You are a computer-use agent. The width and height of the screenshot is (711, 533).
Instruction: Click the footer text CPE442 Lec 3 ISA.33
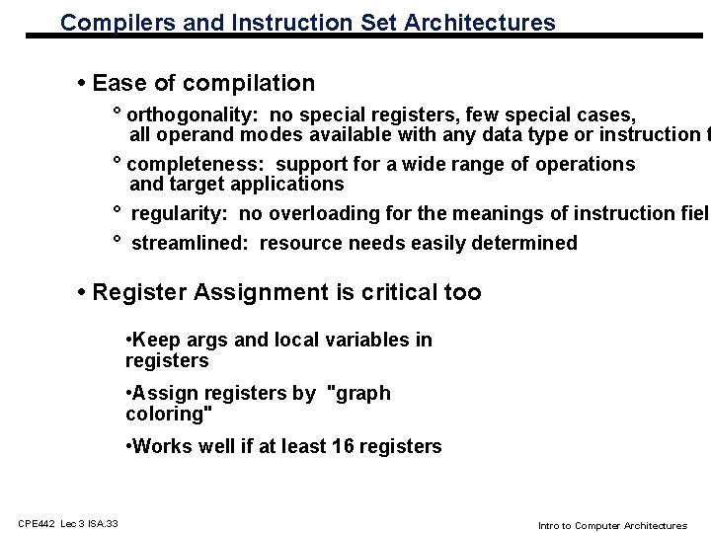tap(66, 522)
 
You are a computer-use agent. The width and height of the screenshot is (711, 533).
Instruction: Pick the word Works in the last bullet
tap(160, 446)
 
